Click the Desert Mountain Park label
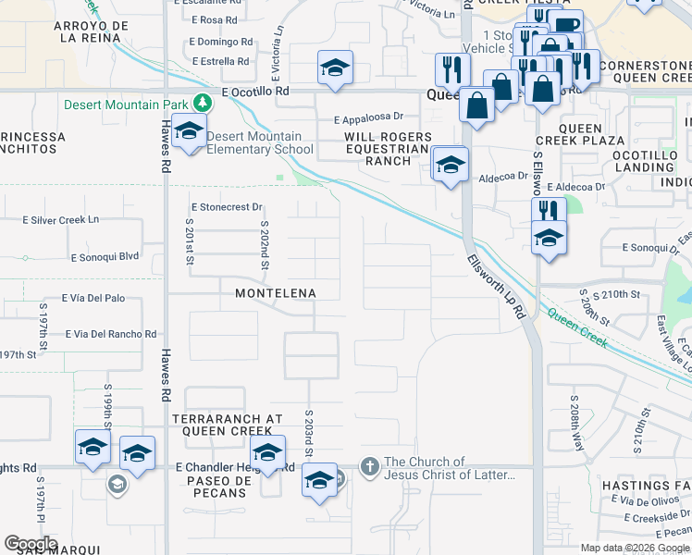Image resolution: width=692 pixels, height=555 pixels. pos(125,105)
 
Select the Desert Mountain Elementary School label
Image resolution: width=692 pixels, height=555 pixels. pos(259,142)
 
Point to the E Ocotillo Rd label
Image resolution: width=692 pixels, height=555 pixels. pos(256,92)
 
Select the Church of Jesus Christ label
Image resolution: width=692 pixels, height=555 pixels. pos(450,469)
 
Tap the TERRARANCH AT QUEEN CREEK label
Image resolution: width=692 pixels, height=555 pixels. pos(228,425)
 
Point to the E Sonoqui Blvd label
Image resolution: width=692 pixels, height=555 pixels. pos(105,256)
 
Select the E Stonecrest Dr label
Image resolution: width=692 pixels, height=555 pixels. pos(226,207)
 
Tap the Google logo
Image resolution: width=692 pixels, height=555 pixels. pos(31,544)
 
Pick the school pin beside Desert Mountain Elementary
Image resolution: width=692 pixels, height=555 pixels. pos(189,132)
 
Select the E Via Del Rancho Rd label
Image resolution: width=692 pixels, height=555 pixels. pos(110,334)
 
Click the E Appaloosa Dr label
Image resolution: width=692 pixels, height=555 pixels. pos(369,117)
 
